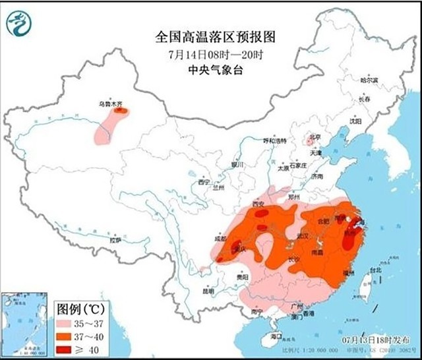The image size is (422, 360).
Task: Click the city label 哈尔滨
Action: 370,79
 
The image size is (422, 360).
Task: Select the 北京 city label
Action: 314,138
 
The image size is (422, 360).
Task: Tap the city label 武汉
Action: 304,235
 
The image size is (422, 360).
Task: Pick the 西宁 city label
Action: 204,181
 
